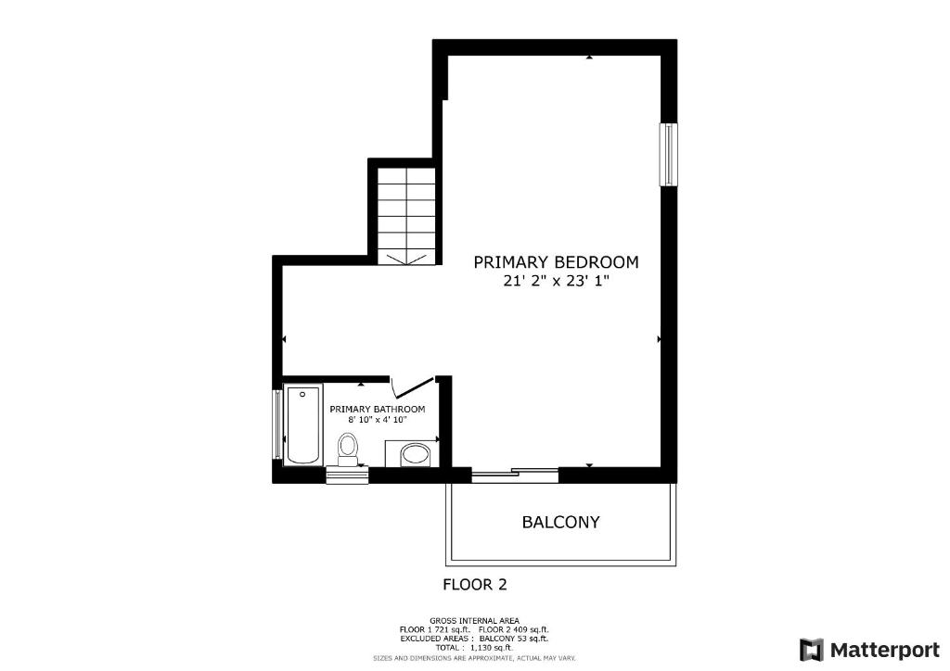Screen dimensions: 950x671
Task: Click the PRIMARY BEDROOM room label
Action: [556, 262]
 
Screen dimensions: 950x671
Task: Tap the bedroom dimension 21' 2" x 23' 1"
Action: [556, 282]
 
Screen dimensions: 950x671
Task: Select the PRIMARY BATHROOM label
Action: [378, 409]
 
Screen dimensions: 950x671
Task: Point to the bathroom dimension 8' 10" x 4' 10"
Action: [378, 419]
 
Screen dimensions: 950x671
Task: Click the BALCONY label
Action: [560, 522]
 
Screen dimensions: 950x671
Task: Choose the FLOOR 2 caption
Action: [475, 585]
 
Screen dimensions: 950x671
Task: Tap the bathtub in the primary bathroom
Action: [302, 424]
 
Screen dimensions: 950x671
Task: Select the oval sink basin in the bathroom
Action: [416, 453]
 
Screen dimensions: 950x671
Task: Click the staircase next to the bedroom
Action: [406, 215]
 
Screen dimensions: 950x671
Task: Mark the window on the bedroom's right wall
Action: [668, 154]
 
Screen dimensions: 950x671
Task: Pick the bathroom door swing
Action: [413, 386]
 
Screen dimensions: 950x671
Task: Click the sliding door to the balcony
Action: [515, 475]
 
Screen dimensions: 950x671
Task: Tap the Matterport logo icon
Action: [812, 650]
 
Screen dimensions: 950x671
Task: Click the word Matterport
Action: [885, 651]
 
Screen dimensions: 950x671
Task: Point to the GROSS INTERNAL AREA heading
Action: [474, 621]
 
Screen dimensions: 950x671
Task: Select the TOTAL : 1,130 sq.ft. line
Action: [474, 648]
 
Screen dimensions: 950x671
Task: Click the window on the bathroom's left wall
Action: [277, 424]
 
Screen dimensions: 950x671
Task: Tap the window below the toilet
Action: [347, 475]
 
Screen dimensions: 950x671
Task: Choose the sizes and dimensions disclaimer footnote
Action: [474, 658]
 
